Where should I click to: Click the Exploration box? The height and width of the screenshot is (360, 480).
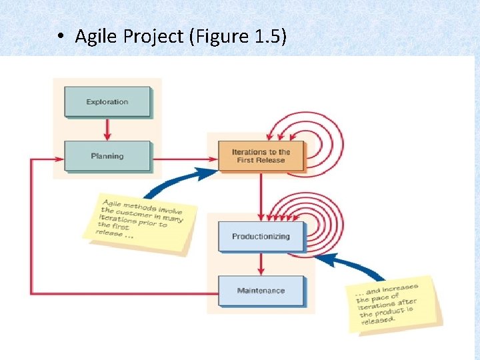tap(107, 102)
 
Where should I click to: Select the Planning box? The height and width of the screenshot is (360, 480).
tap(107, 156)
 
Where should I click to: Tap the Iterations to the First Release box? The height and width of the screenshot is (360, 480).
tap(261, 156)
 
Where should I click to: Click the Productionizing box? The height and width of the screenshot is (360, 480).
tap(261, 237)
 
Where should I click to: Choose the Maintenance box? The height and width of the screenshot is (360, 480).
tap(261, 291)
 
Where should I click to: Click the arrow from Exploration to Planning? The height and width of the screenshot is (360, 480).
tap(107, 129)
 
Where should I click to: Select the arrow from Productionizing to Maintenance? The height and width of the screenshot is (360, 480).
tap(261, 264)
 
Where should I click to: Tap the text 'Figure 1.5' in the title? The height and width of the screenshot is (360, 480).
tap(237, 37)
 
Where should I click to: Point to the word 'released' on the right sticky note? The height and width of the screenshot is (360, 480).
tap(378, 320)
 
